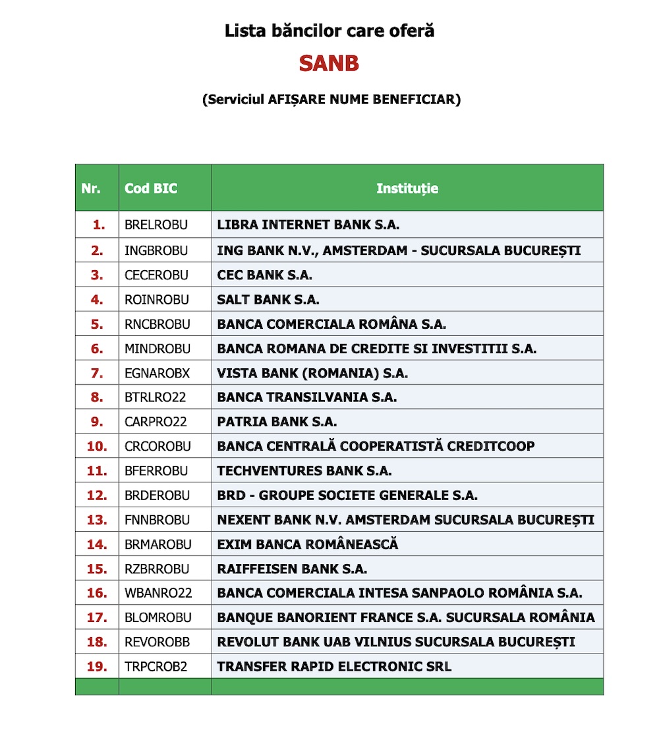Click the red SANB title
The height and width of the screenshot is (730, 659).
point(329,63)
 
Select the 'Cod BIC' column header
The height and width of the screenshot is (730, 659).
point(151,188)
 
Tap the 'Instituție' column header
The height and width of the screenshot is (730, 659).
point(407,188)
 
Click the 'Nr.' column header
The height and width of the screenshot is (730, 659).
point(91,188)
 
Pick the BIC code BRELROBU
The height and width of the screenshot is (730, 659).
point(156,225)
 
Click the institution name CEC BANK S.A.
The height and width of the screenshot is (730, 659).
point(265,275)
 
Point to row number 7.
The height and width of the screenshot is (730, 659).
point(98,373)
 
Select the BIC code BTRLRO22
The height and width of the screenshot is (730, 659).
point(156,397)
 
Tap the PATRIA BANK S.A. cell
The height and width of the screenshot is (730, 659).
point(277,422)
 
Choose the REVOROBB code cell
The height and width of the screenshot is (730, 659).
point(156,642)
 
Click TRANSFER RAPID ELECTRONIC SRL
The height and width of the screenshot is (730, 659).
point(334,666)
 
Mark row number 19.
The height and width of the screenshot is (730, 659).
point(97,666)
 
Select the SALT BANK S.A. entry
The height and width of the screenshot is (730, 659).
point(268,300)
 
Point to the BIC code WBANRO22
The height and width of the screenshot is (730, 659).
point(158,593)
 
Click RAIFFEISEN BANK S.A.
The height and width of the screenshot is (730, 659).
point(292,569)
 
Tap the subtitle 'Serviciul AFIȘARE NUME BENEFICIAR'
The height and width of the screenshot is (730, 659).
point(331,99)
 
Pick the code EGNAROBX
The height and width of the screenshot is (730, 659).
point(157,373)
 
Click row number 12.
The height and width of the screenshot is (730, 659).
point(97,495)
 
